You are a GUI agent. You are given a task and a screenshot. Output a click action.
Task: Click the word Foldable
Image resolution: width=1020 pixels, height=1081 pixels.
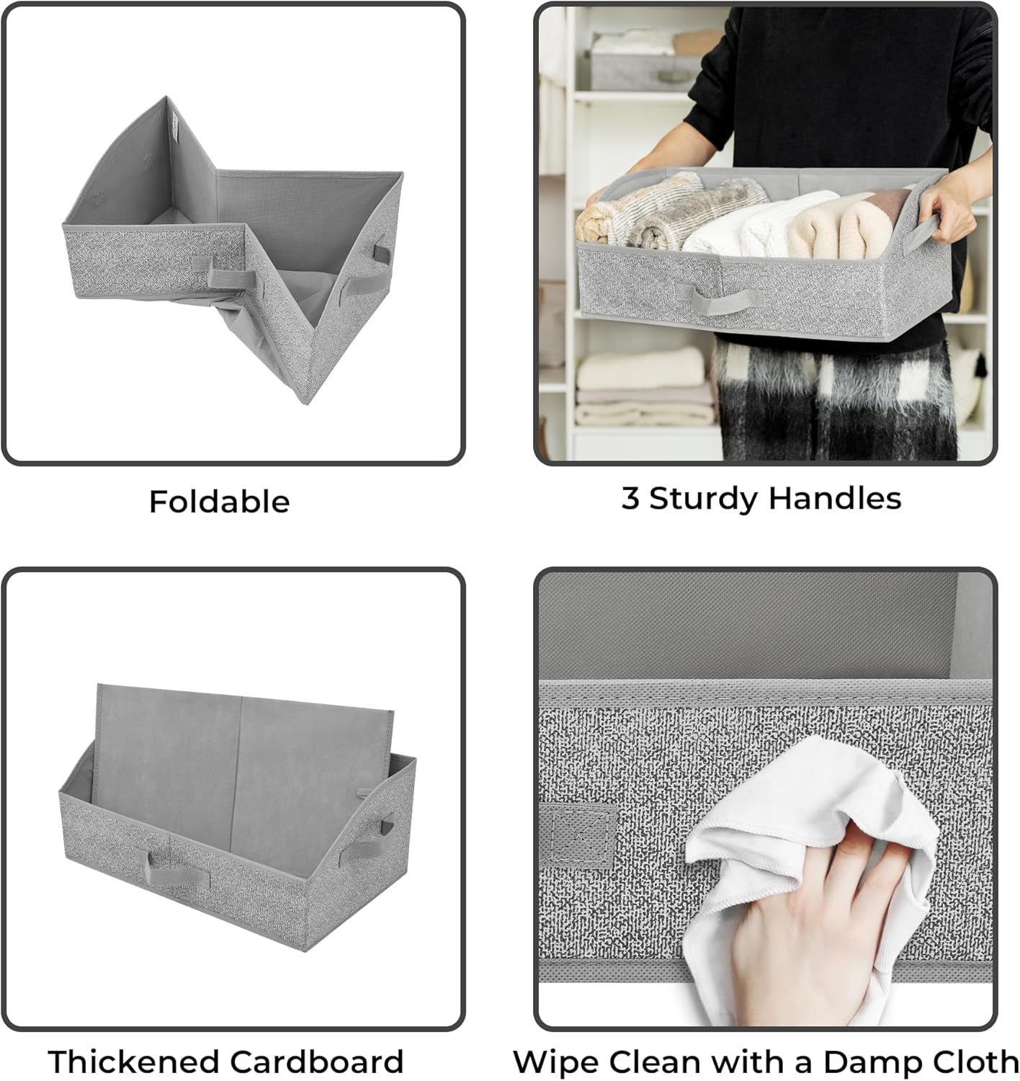coord(220,502)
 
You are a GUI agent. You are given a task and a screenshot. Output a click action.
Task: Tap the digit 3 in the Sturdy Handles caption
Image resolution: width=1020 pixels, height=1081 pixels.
coord(630,497)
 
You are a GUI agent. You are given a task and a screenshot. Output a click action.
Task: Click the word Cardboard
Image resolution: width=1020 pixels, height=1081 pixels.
coord(317,1061)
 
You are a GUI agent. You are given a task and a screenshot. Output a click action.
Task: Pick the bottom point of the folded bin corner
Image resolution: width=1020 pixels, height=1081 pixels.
coord(306,404)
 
